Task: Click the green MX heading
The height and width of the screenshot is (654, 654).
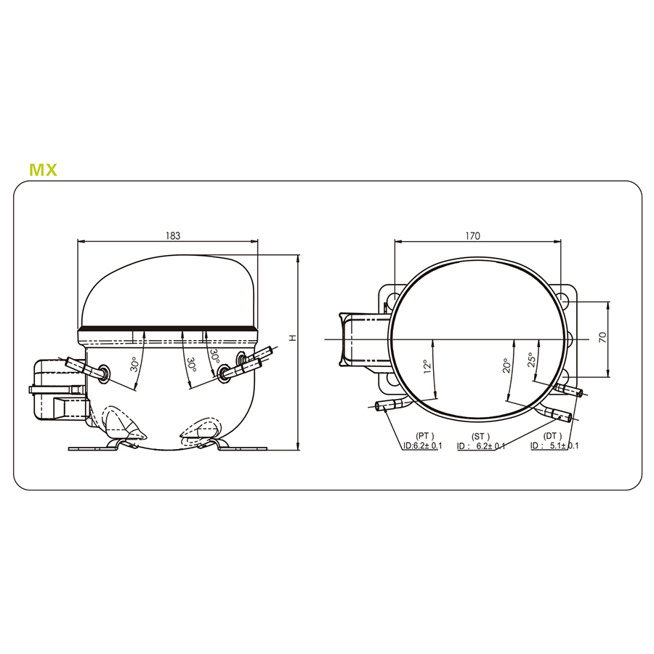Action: (x=43, y=170)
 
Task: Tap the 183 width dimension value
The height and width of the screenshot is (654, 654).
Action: (x=173, y=235)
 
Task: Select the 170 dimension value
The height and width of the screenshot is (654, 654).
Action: (x=472, y=235)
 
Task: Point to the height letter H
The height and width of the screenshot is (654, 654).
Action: (x=293, y=337)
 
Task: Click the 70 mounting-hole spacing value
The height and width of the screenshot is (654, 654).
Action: (x=603, y=337)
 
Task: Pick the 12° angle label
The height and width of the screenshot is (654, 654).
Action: (x=427, y=366)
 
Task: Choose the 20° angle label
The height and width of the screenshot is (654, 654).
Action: (x=506, y=366)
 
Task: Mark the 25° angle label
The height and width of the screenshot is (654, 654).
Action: (x=531, y=360)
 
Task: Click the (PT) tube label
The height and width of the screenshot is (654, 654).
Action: (x=424, y=436)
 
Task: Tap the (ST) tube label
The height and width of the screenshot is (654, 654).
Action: (x=480, y=436)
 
